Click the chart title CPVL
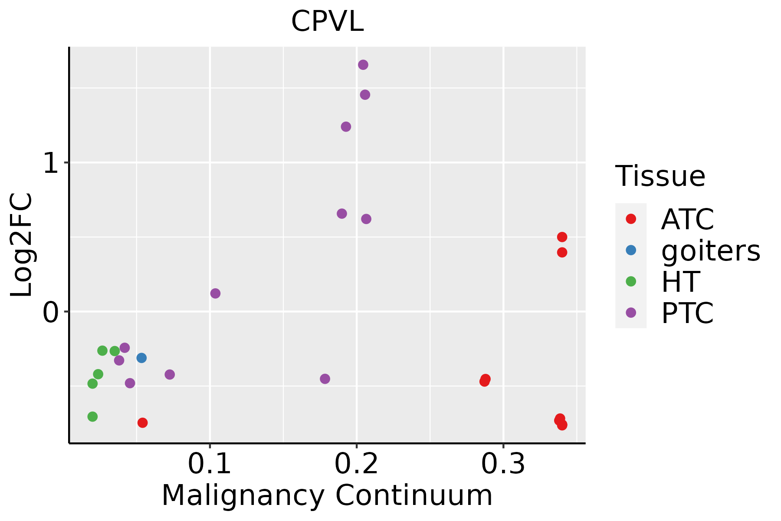click(x=327, y=22)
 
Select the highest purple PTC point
click(x=363, y=65)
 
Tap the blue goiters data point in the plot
click(x=141, y=358)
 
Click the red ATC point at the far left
click(x=142, y=422)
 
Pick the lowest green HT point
click(x=92, y=416)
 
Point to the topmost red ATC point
click(x=562, y=237)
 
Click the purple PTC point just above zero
click(x=215, y=293)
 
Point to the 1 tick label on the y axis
click(x=51, y=164)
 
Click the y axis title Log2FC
click(x=22, y=245)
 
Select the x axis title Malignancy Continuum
click(x=327, y=495)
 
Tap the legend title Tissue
click(x=660, y=176)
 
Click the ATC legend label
click(x=687, y=219)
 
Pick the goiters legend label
click(x=710, y=251)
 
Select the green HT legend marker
click(x=631, y=281)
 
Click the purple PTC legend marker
click(x=631, y=313)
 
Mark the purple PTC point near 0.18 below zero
click(x=325, y=379)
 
